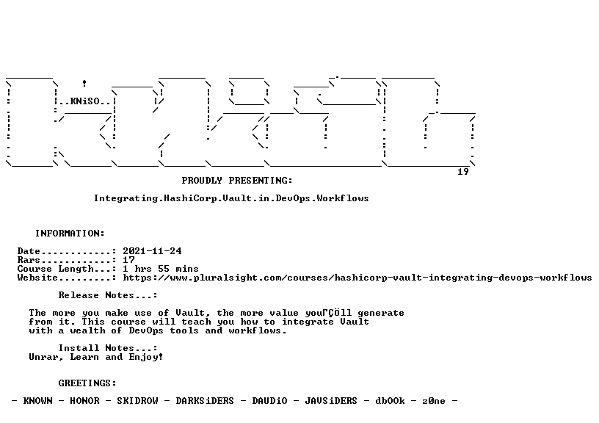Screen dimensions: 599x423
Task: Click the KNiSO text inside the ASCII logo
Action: click(x=85, y=101)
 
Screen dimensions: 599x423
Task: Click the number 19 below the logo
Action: click(x=463, y=172)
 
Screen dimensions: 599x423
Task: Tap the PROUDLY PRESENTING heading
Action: click(x=237, y=181)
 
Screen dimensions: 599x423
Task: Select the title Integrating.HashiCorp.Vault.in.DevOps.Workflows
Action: click(x=231, y=198)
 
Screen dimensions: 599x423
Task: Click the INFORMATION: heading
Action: click(x=70, y=233)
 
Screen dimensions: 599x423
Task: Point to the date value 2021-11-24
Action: click(x=152, y=251)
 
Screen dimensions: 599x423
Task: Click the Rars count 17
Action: click(x=128, y=260)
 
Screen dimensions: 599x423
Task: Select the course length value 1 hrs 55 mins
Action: click(x=161, y=269)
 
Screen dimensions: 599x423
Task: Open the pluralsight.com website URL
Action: click(x=357, y=278)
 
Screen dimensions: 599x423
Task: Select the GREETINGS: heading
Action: click(x=87, y=383)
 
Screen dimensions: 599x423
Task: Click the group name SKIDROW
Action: click(x=137, y=400)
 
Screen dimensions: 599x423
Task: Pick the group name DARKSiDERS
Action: click(x=205, y=400)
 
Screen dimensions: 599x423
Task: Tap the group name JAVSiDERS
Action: click(x=331, y=400)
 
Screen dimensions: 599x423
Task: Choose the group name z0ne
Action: click(x=434, y=400)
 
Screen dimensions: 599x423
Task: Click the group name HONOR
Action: click(x=84, y=400)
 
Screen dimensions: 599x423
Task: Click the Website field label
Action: click(x=37, y=278)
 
